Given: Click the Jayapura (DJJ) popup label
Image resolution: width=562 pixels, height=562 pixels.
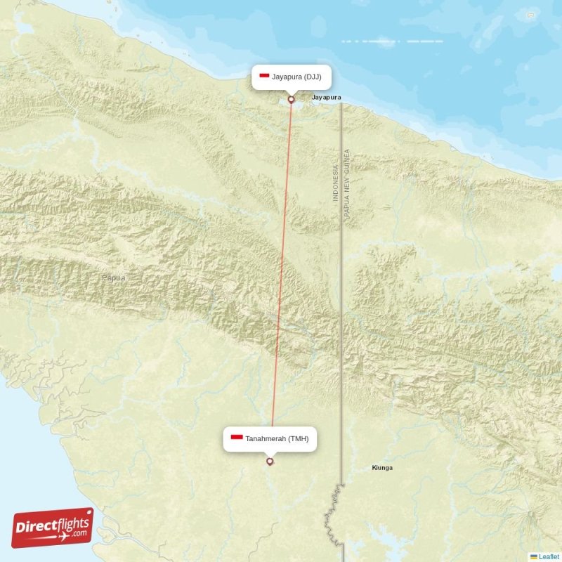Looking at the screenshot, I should pos(292,77).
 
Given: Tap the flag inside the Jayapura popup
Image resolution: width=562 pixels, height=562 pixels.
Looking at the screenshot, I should pos(265,77).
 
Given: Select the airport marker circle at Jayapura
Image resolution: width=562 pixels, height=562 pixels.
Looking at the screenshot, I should pos(291,100).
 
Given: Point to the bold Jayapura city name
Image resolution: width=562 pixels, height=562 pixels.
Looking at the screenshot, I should pos(327,97).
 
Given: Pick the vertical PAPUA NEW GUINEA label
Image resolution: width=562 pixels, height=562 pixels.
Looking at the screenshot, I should pos(347,188).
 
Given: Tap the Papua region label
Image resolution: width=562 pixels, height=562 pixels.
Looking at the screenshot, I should pos(113,278).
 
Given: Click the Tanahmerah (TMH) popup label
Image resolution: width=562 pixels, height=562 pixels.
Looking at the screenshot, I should pos(270,439).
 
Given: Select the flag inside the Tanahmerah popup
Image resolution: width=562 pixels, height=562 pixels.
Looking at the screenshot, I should pos(237,439).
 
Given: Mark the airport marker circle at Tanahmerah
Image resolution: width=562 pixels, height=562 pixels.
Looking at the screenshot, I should pos(270,462).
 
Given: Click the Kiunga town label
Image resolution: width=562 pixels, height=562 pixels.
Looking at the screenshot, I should pos(382,468).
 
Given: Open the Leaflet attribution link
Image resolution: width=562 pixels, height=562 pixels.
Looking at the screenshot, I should pos(549,556).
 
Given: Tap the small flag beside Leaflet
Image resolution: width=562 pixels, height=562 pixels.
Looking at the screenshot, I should pos(533,556).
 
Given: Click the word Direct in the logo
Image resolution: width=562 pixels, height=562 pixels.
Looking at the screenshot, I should pos(37,528).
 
